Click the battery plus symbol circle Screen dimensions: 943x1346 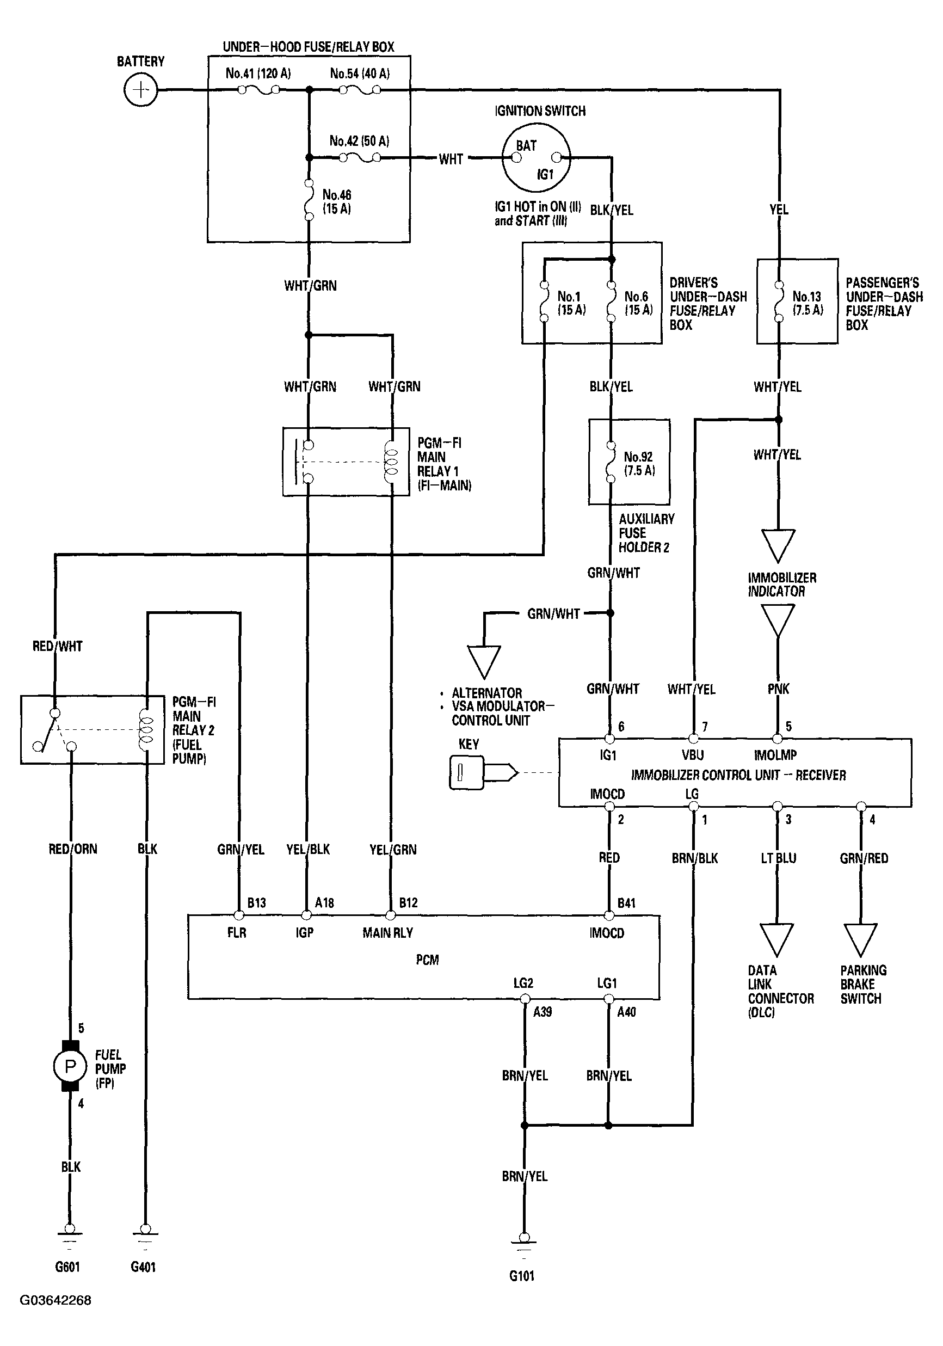point(140,90)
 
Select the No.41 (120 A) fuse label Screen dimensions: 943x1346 point(258,73)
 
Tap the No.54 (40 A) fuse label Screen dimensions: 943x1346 point(360,73)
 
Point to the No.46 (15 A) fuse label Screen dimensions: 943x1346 point(336,201)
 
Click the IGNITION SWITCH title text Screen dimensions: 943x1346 point(540,111)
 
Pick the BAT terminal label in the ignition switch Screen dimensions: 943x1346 point(526,145)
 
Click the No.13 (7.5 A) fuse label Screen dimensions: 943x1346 point(807,303)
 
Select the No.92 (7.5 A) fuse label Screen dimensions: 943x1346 point(639,463)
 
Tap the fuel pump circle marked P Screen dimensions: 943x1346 point(70,1066)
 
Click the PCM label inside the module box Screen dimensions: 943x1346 point(427,960)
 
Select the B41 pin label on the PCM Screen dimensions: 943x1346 point(626,903)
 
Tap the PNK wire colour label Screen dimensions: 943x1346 point(778,689)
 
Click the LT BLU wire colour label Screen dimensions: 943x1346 point(778,858)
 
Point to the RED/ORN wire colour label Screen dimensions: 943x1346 point(73,849)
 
